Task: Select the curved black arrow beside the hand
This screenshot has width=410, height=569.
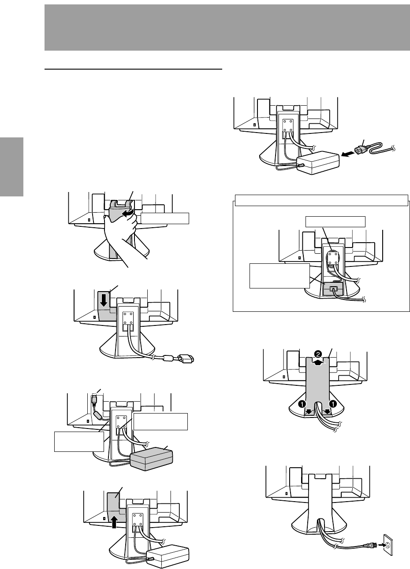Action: pos(128,213)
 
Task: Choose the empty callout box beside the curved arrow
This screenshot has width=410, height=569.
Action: pos(164,218)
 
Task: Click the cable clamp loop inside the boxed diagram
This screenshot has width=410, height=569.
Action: pos(331,257)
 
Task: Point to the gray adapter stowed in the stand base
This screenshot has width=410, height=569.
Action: pos(332,290)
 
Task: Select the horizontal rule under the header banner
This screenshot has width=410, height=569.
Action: pos(134,69)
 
